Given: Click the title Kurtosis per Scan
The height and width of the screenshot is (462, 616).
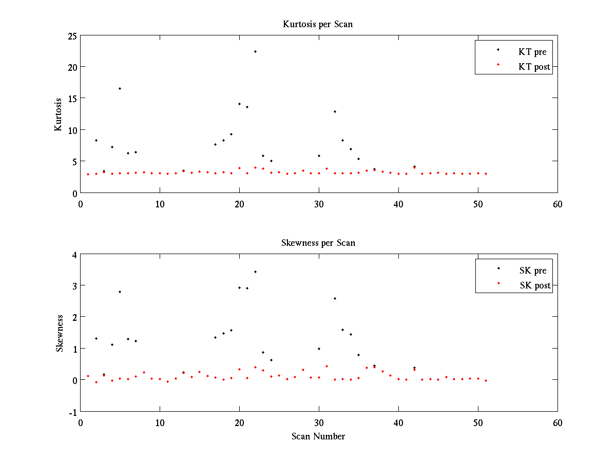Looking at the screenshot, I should (x=318, y=24).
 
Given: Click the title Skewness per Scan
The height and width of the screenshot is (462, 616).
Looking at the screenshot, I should (x=318, y=243).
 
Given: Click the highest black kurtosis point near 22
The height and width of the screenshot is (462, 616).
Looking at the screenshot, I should (x=255, y=51).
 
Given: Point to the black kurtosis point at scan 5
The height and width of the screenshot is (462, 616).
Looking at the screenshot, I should (x=120, y=88).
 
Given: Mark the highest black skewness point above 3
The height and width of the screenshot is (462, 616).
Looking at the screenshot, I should (x=255, y=272).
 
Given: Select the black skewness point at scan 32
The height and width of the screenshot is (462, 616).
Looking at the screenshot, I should (x=335, y=298).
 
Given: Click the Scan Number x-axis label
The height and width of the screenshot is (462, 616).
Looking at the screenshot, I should (x=318, y=436).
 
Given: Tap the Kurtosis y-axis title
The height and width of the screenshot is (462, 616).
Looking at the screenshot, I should (x=59, y=114).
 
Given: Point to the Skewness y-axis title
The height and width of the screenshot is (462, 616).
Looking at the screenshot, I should (x=60, y=333).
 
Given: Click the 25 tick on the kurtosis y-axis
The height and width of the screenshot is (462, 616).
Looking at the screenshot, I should (x=71, y=35).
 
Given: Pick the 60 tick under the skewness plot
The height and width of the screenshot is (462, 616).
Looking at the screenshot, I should (x=557, y=423).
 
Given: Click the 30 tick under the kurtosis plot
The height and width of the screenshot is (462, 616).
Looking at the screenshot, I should (x=319, y=204).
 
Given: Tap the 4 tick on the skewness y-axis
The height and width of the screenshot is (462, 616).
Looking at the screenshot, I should (x=74, y=254).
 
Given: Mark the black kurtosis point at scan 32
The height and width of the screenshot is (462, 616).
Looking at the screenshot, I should (x=335, y=111).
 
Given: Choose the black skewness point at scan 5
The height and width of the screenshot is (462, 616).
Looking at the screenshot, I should (x=120, y=292).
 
